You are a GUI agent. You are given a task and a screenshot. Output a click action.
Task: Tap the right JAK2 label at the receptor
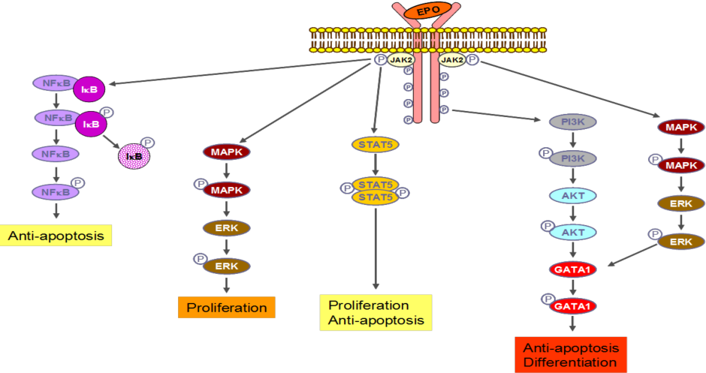pos(452,60)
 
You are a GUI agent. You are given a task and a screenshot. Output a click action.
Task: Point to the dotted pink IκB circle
pos(134,156)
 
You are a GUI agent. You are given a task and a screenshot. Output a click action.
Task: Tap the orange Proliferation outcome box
pos(226,308)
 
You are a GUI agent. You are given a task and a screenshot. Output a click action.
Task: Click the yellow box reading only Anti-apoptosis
pos(57,237)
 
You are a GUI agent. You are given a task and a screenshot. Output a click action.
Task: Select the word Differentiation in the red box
pos(570,362)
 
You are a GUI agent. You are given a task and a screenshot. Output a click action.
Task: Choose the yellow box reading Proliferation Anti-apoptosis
pos(376,313)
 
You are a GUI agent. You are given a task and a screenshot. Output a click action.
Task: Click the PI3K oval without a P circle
pos(575,122)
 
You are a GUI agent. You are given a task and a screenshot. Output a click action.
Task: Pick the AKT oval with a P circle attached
pos(575,232)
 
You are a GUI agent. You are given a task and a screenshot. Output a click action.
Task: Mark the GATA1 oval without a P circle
pos(575,269)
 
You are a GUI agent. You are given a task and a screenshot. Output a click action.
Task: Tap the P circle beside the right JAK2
pos(473,60)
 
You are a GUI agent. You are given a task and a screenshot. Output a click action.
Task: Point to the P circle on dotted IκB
pos(148,142)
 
